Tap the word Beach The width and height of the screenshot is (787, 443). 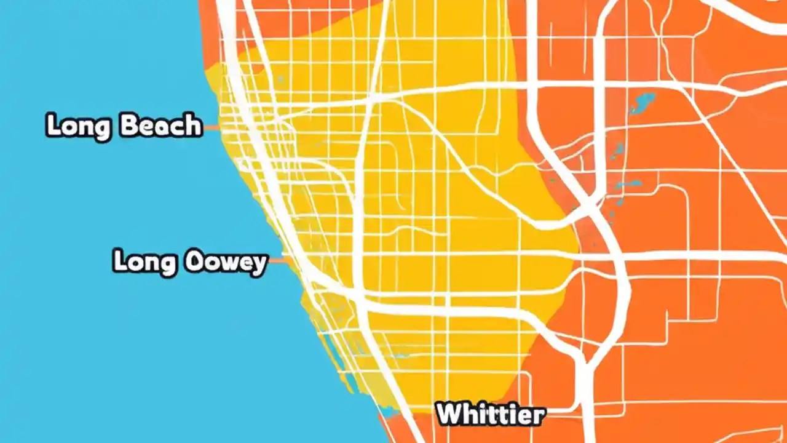tap(160, 126)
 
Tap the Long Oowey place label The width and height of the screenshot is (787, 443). tap(190, 261)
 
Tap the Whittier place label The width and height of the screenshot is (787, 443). tap(490, 414)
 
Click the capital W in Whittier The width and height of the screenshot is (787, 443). tap(447, 414)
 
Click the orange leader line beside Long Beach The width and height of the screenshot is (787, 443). tap(212, 128)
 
